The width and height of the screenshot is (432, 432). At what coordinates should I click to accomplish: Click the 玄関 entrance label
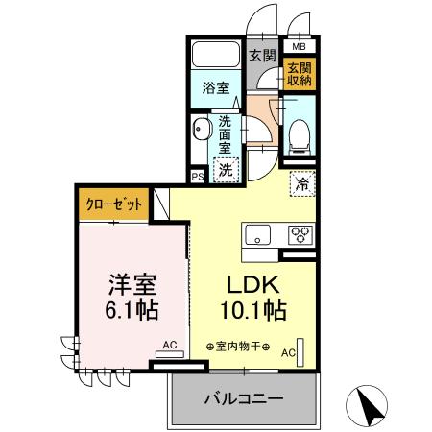pyautogui.click(x=262, y=56)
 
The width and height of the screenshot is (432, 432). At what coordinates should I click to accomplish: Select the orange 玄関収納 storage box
pyautogui.click(x=299, y=74)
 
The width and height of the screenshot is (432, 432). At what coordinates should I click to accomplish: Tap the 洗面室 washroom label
pyautogui.click(x=225, y=136)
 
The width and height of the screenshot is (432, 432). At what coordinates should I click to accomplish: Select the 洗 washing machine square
pyautogui.click(x=223, y=170)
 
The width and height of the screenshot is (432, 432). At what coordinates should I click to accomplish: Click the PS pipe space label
pyautogui.click(x=198, y=177)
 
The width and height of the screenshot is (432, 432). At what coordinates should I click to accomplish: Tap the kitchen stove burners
pyautogui.click(x=300, y=234)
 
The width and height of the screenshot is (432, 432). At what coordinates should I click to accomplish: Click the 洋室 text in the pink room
pyautogui.click(x=131, y=285)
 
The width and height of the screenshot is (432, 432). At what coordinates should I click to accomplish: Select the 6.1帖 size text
pyautogui.click(x=132, y=312)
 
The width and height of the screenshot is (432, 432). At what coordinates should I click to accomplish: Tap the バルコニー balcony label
pyautogui.click(x=243, y=398)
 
